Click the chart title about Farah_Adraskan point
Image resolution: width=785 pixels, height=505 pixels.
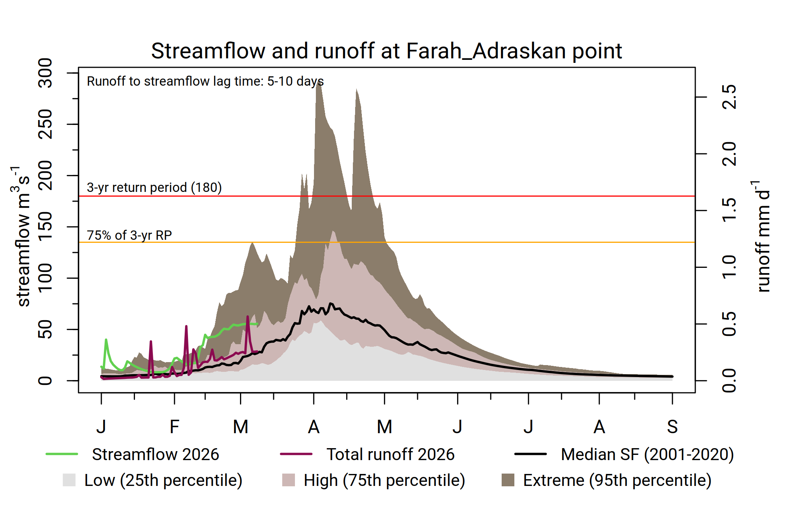[387, 51]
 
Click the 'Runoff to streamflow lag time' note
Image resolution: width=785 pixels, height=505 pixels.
[205, 81]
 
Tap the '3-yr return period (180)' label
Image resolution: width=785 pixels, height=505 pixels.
[154, 187]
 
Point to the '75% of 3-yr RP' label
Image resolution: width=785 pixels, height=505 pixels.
[129, 235]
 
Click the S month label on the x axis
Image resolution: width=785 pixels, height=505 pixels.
[672, 427]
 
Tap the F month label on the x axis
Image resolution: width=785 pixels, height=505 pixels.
[175, 427]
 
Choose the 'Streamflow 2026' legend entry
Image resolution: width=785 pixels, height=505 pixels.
[132, 454]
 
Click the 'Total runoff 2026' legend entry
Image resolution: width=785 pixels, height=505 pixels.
[367, 454]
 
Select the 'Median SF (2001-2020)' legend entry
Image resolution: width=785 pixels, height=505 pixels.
[624, 454]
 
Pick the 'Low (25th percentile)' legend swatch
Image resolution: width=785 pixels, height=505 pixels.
[69, 480]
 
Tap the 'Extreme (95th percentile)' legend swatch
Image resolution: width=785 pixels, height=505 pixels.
[508, 480]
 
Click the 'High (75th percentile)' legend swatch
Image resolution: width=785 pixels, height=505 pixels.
[289, 480]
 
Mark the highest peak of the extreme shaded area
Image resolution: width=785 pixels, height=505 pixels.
[318, 82]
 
